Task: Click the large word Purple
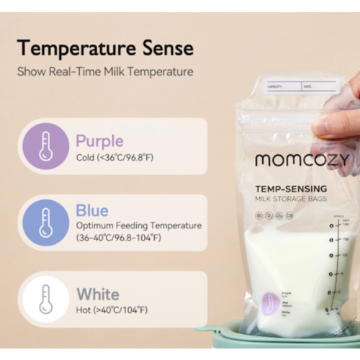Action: coord(99,140)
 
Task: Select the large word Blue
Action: coord(92,211)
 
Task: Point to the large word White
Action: coord(98,294)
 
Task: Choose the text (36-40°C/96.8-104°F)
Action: coord(118,238)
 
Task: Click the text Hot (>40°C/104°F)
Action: coord(112,310)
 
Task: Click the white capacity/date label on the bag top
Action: coord(300,86)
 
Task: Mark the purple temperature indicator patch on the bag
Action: coord(271,302)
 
